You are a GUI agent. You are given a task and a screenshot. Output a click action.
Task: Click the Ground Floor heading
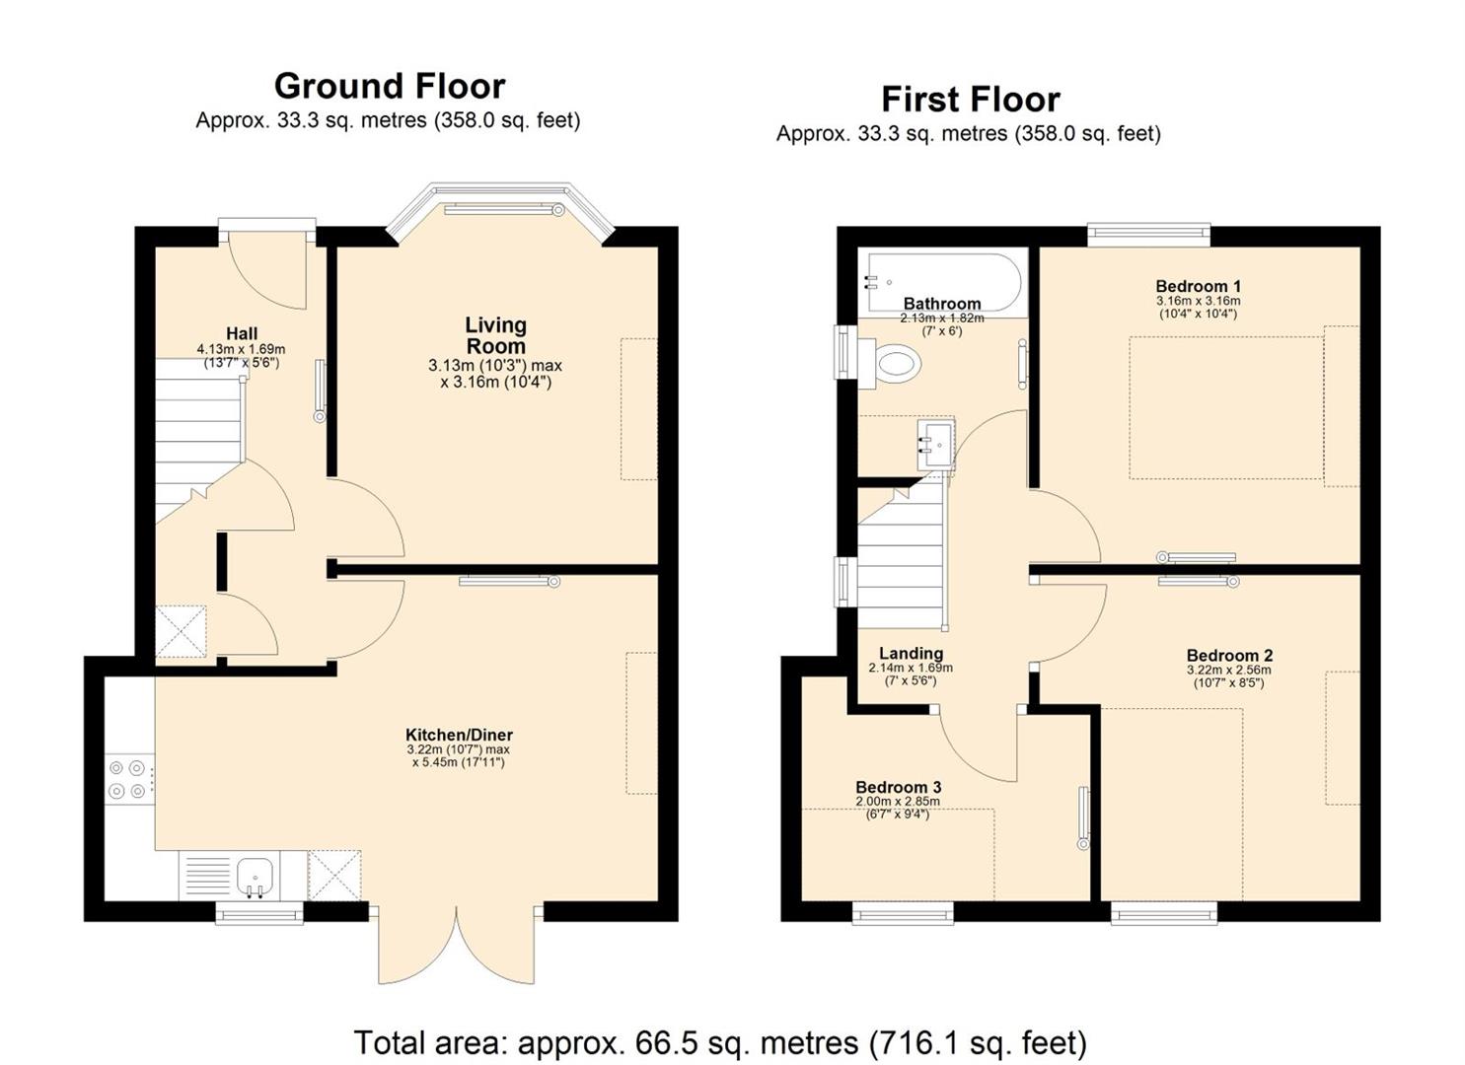[x=390, y=87]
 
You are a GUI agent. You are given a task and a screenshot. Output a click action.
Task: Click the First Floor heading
[x=970, y=100]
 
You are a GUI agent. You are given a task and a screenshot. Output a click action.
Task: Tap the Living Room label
[x=495, y=335]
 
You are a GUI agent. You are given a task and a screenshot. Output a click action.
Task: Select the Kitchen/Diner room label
[x=459, y=735]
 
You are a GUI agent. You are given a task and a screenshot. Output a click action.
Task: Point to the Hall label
[x=242, y=333]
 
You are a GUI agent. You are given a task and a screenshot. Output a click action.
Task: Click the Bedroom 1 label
[x=1198, y=286]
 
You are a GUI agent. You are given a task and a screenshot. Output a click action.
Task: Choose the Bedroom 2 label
[x=1229, y=656]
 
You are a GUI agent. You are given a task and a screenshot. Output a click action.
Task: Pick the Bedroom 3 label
[x=898, y=787]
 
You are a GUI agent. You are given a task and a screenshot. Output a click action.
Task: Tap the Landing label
[x=911, y=653]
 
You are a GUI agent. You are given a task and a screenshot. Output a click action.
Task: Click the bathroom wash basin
[x=935, y=445]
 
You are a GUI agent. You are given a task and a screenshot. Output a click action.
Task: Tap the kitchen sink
[x=255, y=876]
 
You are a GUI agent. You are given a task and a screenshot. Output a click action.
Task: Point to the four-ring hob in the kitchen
[x=129, y=779]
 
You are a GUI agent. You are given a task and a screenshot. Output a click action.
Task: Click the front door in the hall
[x=267, y=266]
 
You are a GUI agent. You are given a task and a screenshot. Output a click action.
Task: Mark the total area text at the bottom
[x=719, y=1042]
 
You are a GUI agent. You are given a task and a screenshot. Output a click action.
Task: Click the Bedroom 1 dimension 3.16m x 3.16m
[x=1198, y=301]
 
